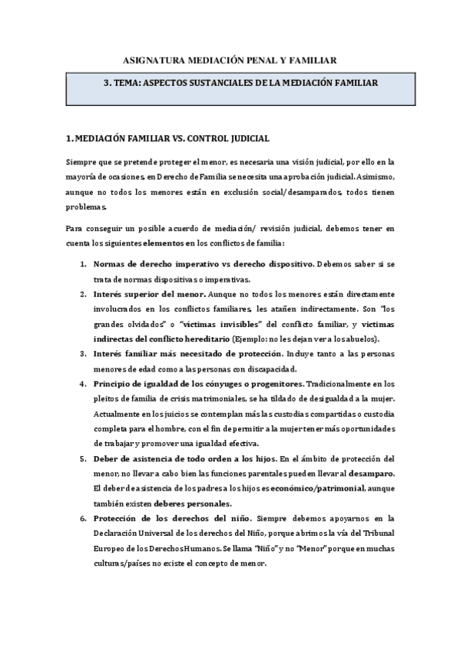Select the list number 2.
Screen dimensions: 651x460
click(83, 294)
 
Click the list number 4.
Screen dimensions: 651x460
click(83, 383)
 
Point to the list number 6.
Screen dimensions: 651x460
click(83, 517)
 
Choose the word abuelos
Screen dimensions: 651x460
click(360, 339)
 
